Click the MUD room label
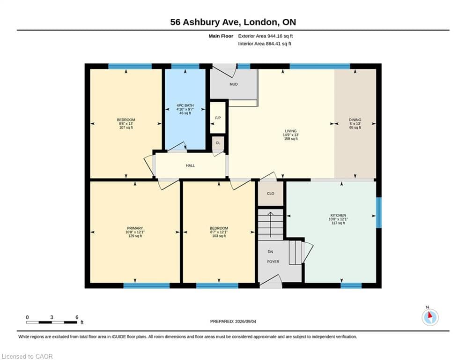click(x=234, y=84)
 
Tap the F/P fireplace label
click(x=218, y=118)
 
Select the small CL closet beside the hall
click(x=218, y=143)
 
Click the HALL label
click(x=190, y=165)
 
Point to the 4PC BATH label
click(x=185, y=105)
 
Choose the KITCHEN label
click(x=338, y=215)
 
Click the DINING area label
click(x=355, y=120)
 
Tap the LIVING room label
click(x=291, y=131)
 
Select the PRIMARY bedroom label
click(x=135, y=228)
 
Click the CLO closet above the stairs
click(x=270, y=194)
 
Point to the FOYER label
click(x=273, y=262)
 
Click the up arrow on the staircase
click(x=270, y=225)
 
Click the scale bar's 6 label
click(x=77, y=317)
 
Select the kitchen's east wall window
click(x=378, y=212)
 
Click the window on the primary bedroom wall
click(x=147, y=285)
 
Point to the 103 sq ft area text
click(x=219, y=236)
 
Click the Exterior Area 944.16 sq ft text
click(x=266, y=36)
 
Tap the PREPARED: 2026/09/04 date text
click(x=233, y=321)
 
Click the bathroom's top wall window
click(x=185, y=66)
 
